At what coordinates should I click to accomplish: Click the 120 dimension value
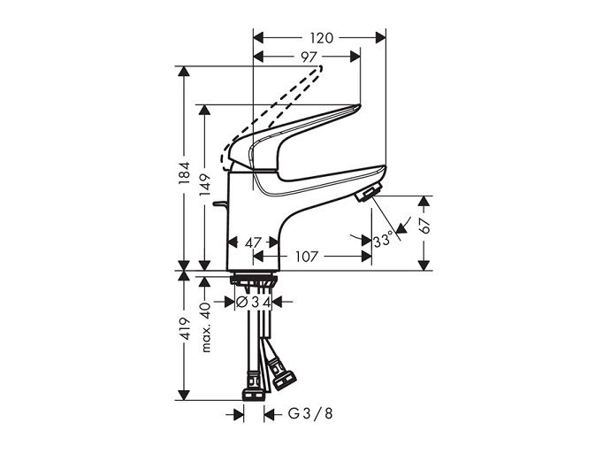[x=321, y=38]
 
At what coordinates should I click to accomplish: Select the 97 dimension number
[x=309, y=57]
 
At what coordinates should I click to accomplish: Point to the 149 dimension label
[x=205, y=184]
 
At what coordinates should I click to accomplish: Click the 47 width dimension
[x=253, y=242]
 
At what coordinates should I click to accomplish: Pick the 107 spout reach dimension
[x=307, y=257]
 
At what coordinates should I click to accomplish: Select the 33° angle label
[x=384, y=241]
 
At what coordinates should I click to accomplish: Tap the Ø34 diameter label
[x=254, y=302]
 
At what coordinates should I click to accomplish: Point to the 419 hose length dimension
[x=185, y=328]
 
